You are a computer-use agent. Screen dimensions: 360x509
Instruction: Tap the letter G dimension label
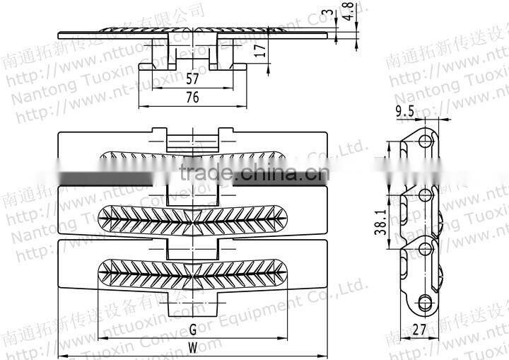click(x=192, y=329)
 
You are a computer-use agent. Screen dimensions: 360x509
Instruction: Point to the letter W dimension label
click(x=192, y=347)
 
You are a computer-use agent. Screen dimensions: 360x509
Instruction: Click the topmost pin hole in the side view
click(x=426, y=143)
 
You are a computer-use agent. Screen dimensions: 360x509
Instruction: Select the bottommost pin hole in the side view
click(x=426, y=301)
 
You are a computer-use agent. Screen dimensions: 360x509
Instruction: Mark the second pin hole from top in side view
click(x=426, y=194)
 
